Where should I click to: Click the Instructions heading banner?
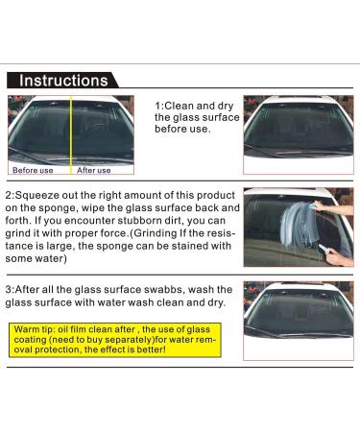click(63, 81)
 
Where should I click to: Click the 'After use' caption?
click(93, 170)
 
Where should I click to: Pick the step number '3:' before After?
click(12, 288)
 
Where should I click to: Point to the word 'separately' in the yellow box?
click(134, 338)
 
